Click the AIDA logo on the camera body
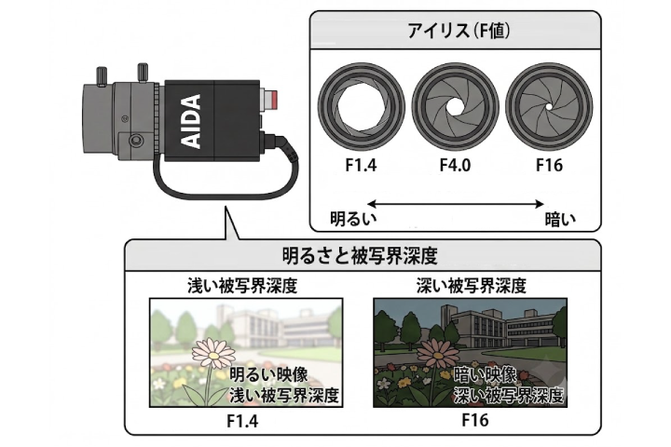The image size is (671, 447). tap(189, 121)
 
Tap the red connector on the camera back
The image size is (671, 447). tap(271, 99)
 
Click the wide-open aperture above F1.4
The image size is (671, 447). tap(362, 106)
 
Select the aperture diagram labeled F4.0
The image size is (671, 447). tap(456, 106)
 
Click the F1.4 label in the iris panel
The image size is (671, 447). tap(361, 165)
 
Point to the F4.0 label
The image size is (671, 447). tap(456, 165)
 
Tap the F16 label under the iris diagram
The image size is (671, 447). tap(550, 165)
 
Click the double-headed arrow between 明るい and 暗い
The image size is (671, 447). tap(456, 204)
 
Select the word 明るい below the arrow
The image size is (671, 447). tap(353, 219)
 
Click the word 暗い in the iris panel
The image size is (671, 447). tap(560, 220)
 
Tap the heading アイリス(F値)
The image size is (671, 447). tap(459, 31)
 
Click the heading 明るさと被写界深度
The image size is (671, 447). tap(360, 256)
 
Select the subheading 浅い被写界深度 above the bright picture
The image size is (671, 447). tap(242, 286)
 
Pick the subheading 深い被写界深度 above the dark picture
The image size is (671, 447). tap(472, 286)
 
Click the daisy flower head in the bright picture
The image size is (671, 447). tap(213, 353)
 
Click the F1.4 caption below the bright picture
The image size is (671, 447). tap(242, 421)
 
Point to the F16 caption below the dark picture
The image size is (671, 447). tap(475, 420)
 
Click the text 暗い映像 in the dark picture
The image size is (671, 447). tap(485, 375)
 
